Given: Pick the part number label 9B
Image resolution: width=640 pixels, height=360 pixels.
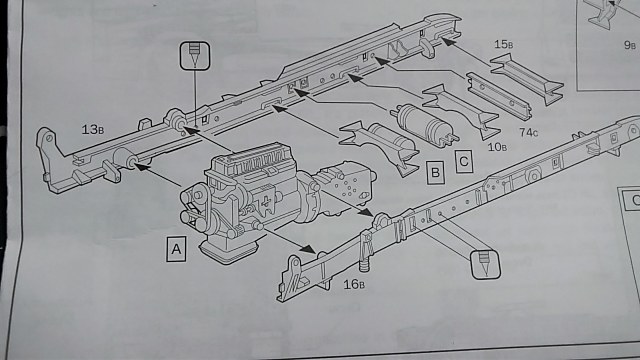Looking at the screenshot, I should click(x=629, y=45).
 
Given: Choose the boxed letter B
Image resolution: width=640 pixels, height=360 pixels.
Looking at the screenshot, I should click(x=434, y=172).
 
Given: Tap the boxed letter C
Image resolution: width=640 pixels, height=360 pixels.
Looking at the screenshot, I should click(x=462, y=159).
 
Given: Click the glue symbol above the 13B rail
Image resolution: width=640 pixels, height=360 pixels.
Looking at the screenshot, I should click(x=193, y=56).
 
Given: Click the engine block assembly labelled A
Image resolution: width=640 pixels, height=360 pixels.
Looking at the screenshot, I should click(x=235, y=200).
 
